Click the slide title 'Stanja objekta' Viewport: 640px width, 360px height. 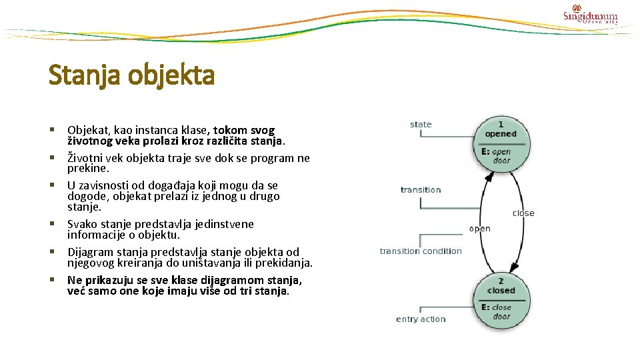coord(131,75)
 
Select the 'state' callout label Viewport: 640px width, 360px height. coord(421,125)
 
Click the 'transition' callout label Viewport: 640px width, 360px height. coord(421,190)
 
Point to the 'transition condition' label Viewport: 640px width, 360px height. coord(421,251)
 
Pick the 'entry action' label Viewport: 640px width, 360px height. coord(421,319)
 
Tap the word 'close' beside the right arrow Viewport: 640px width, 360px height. coord(523,213)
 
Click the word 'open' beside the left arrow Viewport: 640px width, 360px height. coord(479,229)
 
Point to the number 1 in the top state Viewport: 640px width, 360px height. coord(501,124)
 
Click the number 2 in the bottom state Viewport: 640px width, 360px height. coord(501,281)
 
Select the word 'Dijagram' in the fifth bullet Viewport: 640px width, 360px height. coord(89,251)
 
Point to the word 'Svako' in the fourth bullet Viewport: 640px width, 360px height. coord(82,224)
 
